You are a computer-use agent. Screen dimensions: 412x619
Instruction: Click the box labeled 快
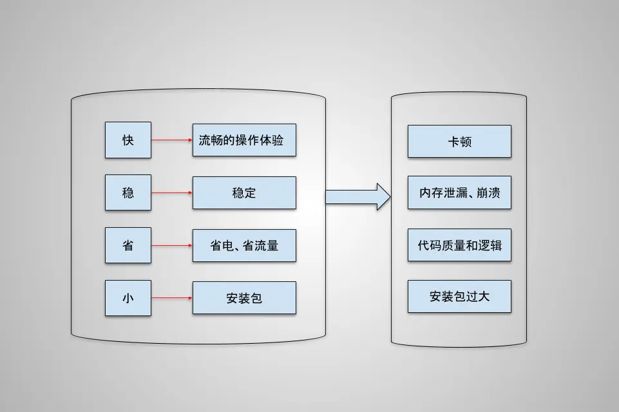click(x=128, y=140)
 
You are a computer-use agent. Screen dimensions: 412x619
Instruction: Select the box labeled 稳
click(x=128, y=192)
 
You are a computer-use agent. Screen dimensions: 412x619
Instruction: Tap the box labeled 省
click(x=128, y=245)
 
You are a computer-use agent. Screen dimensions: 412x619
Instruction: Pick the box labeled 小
click(x=128, y=298)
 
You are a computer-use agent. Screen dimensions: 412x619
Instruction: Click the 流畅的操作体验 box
click(x=244, y=140)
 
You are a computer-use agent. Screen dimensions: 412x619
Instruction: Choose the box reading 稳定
click(x=244, y=192)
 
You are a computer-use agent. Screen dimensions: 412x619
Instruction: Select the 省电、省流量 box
click(x=244, y=245)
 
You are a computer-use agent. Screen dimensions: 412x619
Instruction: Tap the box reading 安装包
click(x=244, y=298)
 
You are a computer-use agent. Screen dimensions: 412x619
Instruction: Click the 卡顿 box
click(x=459, y=142)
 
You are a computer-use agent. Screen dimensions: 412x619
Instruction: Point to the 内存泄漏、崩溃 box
click(x=459, y=192)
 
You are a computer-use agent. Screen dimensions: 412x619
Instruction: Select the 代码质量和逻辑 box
click(x=459, y=245)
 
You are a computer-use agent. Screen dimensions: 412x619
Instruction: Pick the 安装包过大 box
click(x=459, y=297)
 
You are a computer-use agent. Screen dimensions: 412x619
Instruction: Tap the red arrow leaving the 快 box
click(x=172, y=140)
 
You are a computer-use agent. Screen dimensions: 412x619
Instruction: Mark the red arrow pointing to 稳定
click(x=172, y=192)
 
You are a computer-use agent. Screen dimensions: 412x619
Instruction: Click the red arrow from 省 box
click(x=172, y=245)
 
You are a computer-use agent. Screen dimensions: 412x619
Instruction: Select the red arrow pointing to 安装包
click(x=172, y=298)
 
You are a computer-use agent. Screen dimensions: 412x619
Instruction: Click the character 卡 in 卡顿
click(x=453, y=142)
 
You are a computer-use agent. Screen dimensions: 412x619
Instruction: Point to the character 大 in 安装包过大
click(x=483, y=297)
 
